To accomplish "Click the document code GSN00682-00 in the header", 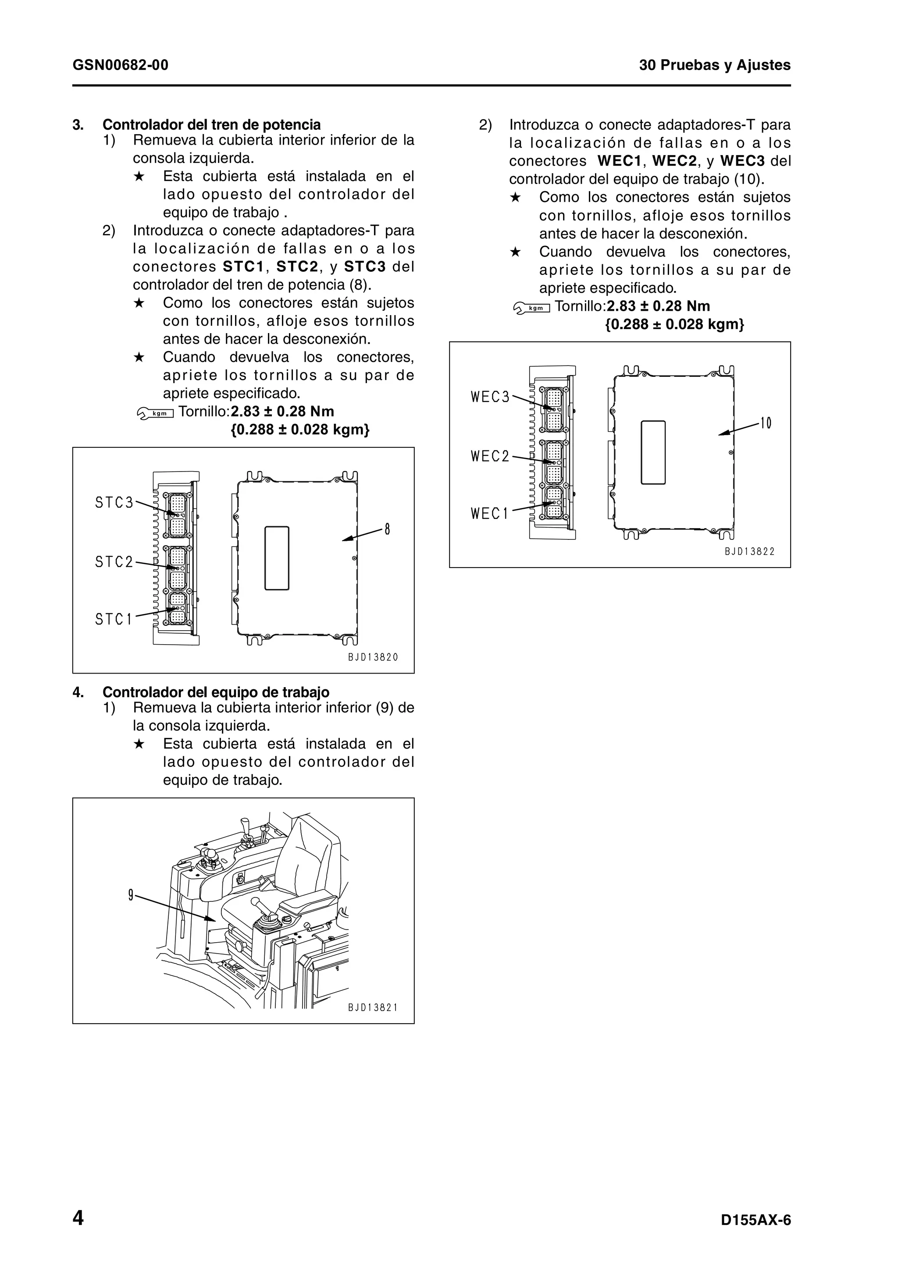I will click(x=120, y=65).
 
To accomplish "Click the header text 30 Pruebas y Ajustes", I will click(x=714, y=65).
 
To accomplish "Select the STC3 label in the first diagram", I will click(x=114, y=503).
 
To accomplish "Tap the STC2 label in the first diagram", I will click(x=114, y=562).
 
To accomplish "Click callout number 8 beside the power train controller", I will click(x=387, y=530).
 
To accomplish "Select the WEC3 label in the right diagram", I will click(x=490, y=397).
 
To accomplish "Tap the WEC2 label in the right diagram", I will click(x=490, y=456).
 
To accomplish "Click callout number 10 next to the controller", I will click(x=766, y=424).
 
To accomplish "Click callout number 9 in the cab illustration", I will click(x=131, y=895).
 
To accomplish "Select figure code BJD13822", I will click(x=750, y=551).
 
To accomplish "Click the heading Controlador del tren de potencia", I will click(x=211, y=124).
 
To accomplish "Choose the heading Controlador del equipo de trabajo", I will click(x=216, y=692).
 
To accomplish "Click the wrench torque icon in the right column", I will click(x=531, y=308).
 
